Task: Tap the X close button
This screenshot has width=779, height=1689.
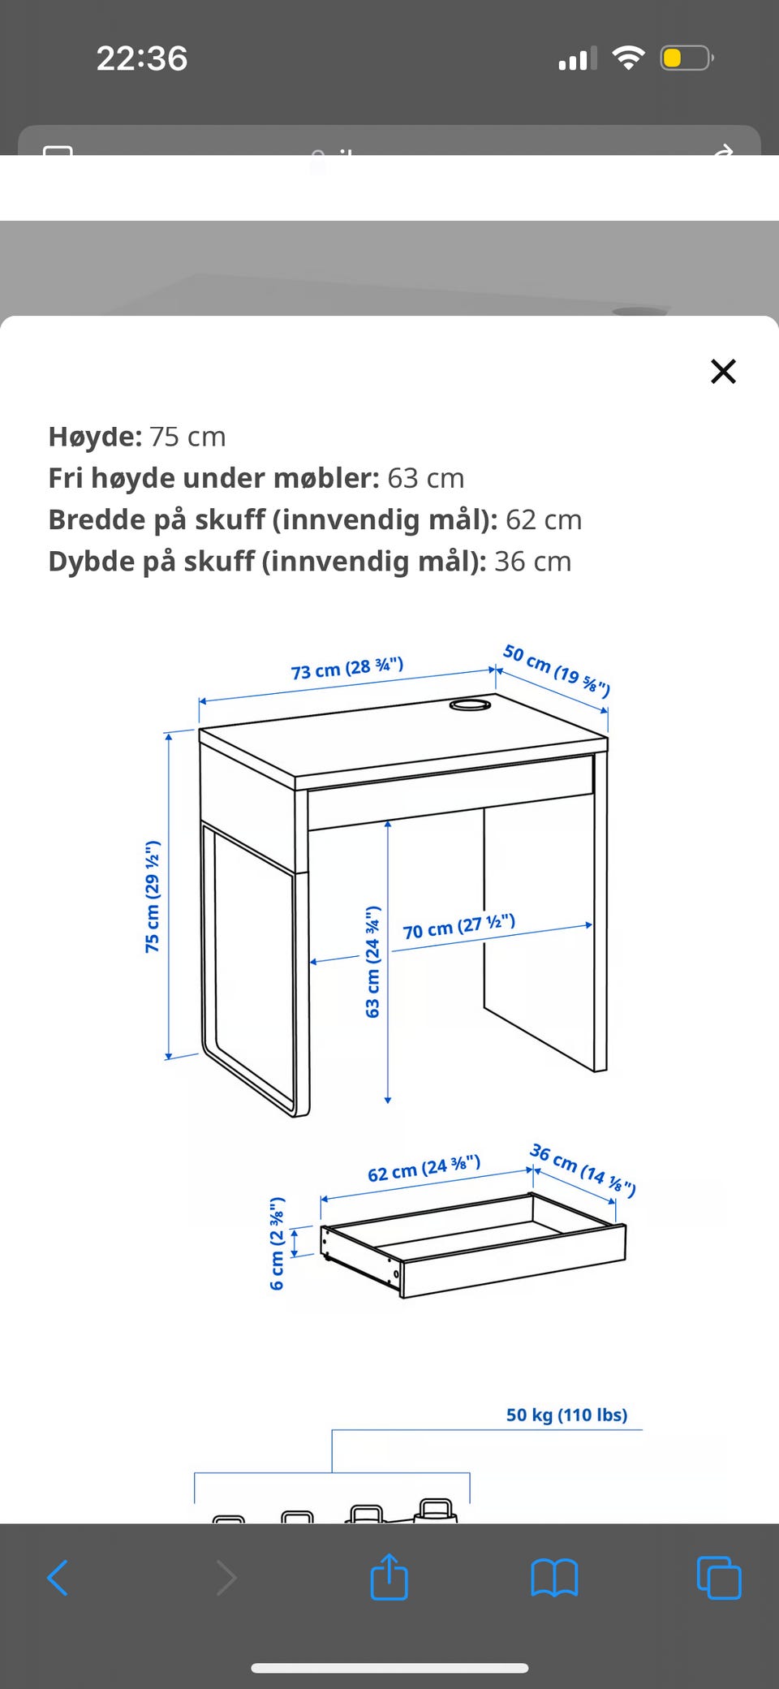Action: click(x=723, y=371)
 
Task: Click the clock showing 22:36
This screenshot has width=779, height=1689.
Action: click(x=142, y=58)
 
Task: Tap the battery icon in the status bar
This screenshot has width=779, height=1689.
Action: click(x=686, y=58)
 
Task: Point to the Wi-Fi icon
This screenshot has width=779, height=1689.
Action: click(x=628, y=58)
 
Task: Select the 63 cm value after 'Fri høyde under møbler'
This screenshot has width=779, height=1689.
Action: click(x=426, y=478)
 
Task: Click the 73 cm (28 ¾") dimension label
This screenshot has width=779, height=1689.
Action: click(x=347, y=668)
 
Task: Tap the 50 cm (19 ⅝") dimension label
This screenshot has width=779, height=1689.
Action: click(x=557, y=670)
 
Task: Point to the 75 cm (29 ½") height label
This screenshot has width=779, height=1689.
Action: click(x=152, y=896)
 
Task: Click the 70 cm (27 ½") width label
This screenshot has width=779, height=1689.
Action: click(x=459, y=926)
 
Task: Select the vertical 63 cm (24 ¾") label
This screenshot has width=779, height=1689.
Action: click(x=372, y=962)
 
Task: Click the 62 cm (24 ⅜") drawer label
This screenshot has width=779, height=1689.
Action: click(x=424, y=1169)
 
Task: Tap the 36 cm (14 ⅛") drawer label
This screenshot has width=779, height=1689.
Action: click(x=583, y=1170)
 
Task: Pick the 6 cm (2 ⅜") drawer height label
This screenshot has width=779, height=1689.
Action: click(x=277, y=1243)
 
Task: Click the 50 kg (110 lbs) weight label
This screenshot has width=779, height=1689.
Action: click(x=567, y=1415)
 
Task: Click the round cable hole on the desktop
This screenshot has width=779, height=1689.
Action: click(x=470, y=704)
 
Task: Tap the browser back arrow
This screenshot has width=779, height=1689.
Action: click(x=58, y=1578)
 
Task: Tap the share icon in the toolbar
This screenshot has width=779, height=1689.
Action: click(x=389, y=1576)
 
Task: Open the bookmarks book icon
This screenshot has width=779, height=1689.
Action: click(x=554, y=1578)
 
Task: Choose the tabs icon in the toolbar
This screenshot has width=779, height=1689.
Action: click(x=719, y=1578)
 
